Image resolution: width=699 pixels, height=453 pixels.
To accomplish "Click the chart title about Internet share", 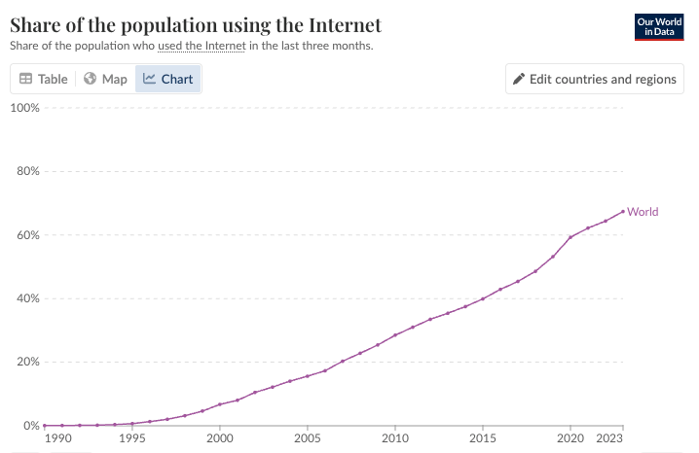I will pos(195,24).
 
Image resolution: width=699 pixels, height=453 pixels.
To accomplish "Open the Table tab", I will pos(44,79).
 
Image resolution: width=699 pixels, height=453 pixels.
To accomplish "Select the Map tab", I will pos(105,79).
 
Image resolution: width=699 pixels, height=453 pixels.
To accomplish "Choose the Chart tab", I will pos(168,79).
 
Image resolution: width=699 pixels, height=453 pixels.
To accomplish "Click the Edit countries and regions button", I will pos(594,79).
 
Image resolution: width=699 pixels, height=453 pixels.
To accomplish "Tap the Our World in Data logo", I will pos(657,26).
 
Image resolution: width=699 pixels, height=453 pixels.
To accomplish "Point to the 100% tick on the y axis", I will pos(24,107).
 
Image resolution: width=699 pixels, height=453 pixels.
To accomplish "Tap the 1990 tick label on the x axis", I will pos(58,439).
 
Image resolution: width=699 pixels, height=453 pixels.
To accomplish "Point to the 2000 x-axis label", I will pos(220,439).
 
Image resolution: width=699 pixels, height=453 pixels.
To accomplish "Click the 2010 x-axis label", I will pos(395,439).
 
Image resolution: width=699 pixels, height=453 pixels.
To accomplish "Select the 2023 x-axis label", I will pos(609,439).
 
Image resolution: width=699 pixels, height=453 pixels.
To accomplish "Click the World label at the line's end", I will pos(643,212).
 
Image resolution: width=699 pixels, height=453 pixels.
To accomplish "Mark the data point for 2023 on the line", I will pos(623,212).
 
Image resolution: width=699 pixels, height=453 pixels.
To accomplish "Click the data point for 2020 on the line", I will pos(570,236).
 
